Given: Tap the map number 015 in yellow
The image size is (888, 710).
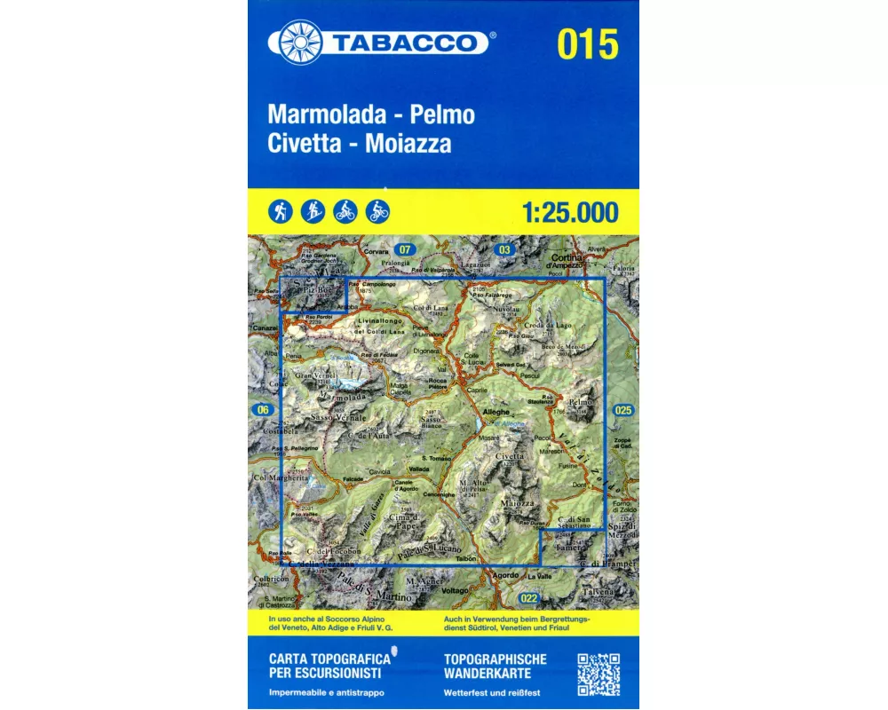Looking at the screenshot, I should tap(588, 43).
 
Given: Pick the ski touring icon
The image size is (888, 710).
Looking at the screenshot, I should tap(312, 211).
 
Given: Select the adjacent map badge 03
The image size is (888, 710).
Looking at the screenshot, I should tap(505, 249).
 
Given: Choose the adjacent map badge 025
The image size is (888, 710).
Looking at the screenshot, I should tap(622, 409).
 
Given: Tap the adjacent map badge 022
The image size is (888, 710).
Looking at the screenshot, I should tap(530, 597).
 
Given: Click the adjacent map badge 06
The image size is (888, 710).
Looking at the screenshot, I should tap(261, 409).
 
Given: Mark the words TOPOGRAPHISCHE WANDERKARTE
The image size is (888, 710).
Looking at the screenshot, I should tap(495, 666).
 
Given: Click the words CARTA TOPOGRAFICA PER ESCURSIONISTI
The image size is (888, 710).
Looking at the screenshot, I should tap(329, 666).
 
